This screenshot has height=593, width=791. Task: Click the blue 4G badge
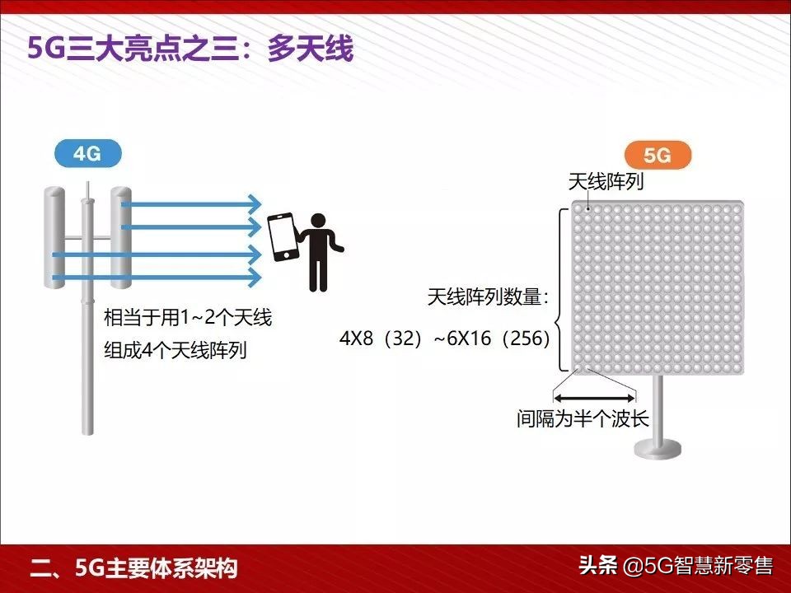[87, 154]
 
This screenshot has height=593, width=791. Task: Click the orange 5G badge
[658, 156]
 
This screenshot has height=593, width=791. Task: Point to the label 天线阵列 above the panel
[606, 182]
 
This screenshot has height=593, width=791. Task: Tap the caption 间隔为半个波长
[583, 419]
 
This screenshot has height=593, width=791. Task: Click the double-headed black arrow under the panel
[595, 396]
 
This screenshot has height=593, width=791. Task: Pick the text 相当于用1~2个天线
[188, 318]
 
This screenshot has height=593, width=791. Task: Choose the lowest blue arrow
[157, 278]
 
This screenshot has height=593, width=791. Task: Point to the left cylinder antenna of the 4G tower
[54, 237]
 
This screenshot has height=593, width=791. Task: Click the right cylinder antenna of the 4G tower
[121, 237]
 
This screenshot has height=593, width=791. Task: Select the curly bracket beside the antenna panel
[561, 288]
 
